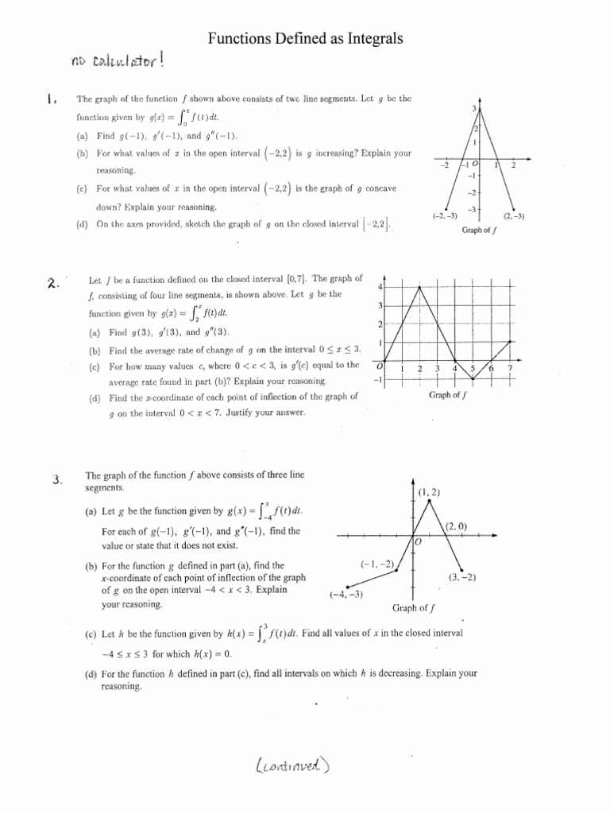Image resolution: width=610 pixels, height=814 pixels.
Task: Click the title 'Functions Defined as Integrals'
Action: [x=306, y=37]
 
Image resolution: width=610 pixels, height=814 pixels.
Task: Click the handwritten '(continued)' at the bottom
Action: [x=292, y=766]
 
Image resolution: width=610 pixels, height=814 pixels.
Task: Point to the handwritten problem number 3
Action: [x=56, y=479]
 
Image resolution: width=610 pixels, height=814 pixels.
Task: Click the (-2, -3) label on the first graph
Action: [x=445, y=215]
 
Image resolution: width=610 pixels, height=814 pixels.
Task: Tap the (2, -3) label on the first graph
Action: [x=514, y=215]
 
